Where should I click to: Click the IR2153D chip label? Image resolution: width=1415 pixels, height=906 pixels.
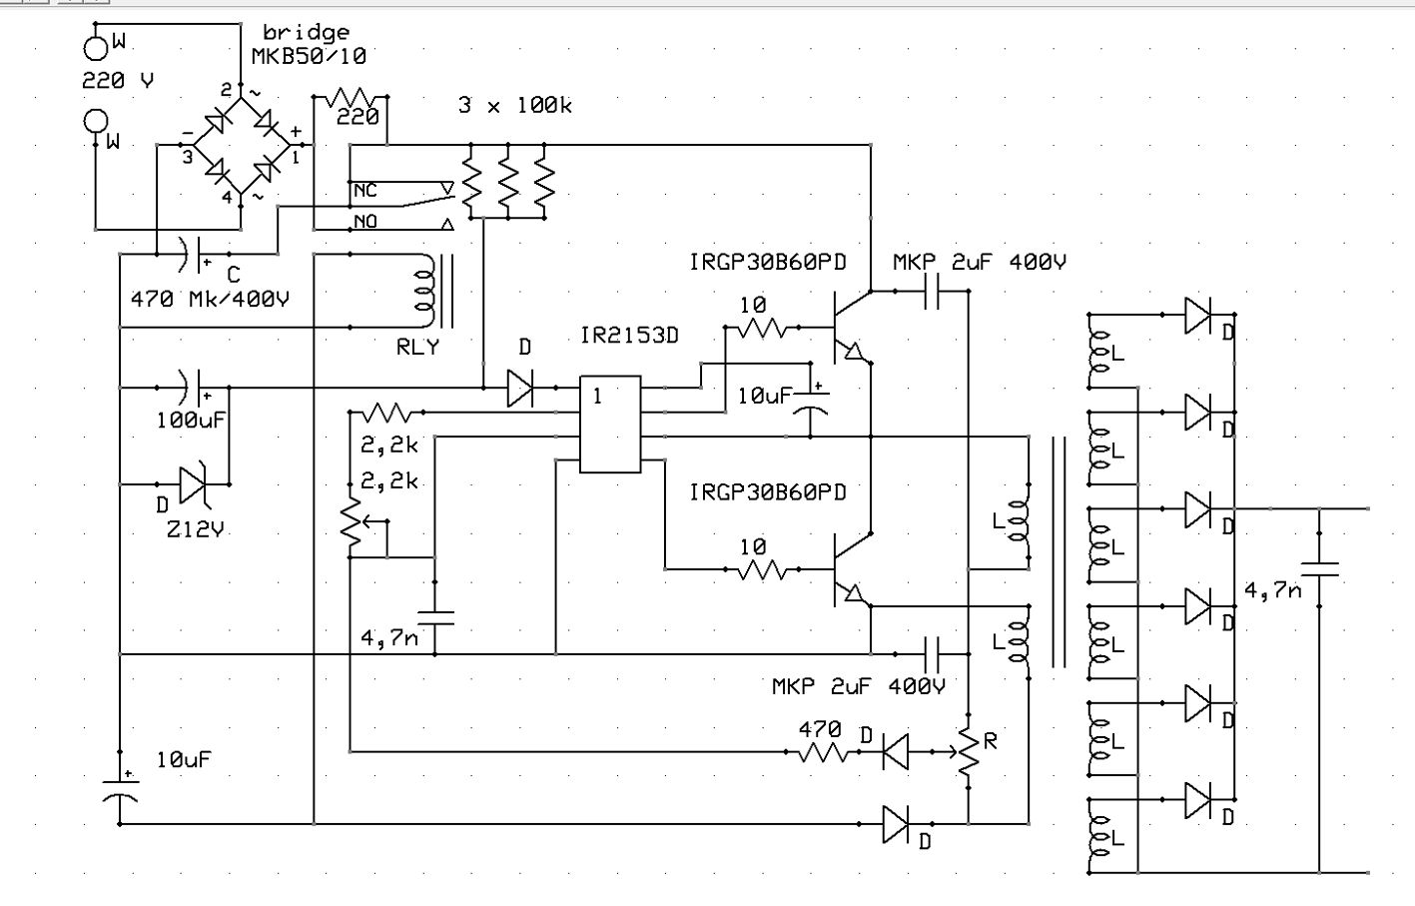tap(629, 336)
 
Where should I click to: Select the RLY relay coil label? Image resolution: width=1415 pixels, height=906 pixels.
tap(417, 348)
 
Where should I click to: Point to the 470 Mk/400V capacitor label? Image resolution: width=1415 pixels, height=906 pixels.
tap(210, 299)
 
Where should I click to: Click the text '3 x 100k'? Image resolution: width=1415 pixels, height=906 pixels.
tap(514, 105)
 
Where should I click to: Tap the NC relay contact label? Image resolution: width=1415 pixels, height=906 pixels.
tap(365, 190)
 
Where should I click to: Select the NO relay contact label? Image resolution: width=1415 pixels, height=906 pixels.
tap(365, 221)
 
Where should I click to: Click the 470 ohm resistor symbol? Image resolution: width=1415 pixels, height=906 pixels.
tap(824, 751)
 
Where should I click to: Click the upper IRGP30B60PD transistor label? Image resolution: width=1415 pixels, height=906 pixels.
tap(767, 262)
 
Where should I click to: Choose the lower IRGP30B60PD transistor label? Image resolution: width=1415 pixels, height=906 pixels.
tap(767, 492)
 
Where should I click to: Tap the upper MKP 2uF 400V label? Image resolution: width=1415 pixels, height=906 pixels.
tap(979, 262)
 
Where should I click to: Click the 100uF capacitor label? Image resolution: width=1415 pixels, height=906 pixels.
tap(191, 421)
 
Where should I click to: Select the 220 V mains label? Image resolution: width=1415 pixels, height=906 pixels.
tap(118, 81)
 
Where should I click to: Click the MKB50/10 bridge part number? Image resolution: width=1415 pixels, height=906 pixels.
tap(309, 56)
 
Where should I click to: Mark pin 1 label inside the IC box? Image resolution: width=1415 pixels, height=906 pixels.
tap(597, 397)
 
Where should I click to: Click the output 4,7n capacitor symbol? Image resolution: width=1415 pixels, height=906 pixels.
tap(1320, 568)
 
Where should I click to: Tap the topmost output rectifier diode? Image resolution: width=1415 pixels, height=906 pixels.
tap(1197, 315)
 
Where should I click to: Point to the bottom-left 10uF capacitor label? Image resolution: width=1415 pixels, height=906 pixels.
tap(184, 759)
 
